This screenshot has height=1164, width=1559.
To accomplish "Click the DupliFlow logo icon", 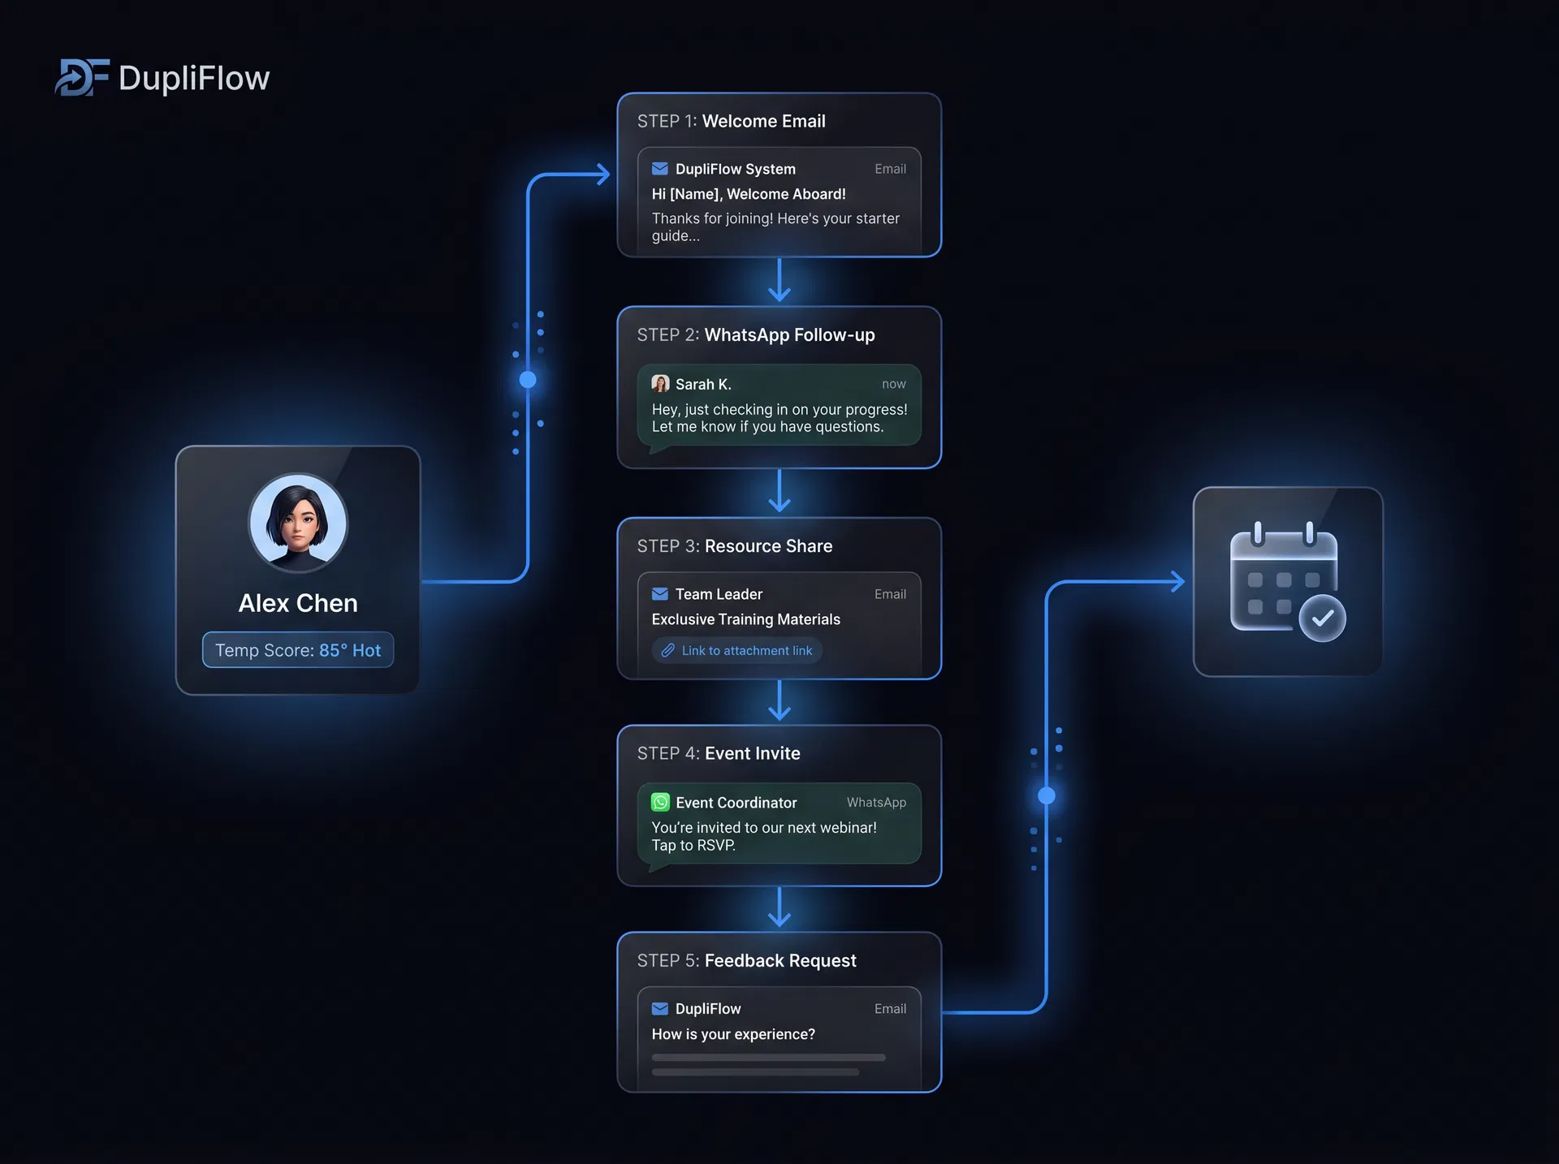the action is pos(82,78).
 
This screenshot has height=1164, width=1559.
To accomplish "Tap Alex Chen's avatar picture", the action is pos(298,523).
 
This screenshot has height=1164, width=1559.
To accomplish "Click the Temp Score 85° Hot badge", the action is pos(298,650).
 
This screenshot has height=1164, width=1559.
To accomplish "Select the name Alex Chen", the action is pos(298,603).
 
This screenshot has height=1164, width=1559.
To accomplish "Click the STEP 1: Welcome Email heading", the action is pos(731,121).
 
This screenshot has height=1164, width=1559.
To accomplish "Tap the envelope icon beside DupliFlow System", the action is pos(660,169).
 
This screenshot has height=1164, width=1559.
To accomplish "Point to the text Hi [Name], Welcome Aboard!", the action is pos(749,194).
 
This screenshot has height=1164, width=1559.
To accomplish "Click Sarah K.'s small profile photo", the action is pos(661,384).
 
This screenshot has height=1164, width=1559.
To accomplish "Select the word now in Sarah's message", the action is pos(894,384).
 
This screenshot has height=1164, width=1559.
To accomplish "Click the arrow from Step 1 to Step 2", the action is pos(779,280).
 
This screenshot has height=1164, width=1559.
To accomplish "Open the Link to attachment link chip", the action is pos(737,650).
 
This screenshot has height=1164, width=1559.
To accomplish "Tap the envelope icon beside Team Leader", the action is pos(660,594).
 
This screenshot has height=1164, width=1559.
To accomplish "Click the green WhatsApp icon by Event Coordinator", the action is pos(661,802).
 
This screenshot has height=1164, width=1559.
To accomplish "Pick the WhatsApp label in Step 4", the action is pos(876,802).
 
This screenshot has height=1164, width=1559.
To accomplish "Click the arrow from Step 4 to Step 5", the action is pos(779,907).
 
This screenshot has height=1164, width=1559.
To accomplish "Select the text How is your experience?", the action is pos(733,1034).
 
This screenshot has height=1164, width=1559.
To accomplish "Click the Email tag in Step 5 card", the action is pos(890,1008).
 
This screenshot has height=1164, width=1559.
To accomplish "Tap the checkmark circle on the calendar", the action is pos(1322,619).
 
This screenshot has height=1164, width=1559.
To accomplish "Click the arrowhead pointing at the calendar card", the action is pos(1177,581).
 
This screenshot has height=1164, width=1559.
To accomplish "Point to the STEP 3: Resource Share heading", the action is pos(735,546).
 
